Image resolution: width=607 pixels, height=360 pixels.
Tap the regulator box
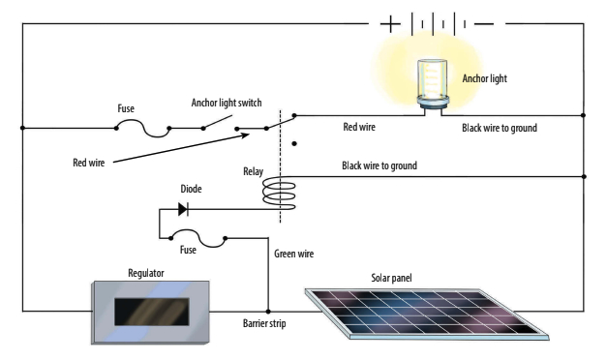coord(143,311)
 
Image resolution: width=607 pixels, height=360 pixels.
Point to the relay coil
coord(281,192)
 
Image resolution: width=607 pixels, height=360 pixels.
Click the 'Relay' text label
coord(253,172)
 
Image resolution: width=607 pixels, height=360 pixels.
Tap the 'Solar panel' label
coord(394,278)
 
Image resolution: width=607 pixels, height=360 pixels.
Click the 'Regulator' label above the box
coord(145,274)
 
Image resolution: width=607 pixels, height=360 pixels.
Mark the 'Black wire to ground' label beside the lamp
coord(499,127)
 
